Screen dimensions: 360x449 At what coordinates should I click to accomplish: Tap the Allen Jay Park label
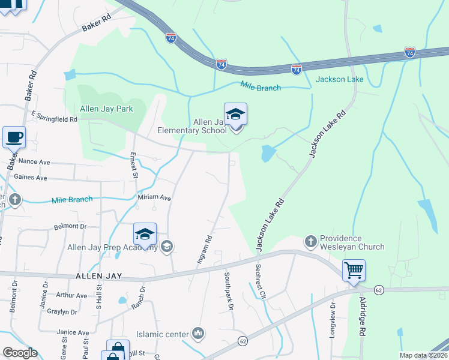click(x=106, y=109)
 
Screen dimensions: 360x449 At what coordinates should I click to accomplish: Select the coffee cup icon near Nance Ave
click(x=14, y=137)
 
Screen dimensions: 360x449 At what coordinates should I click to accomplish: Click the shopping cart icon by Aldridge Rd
click(x=354, y=270)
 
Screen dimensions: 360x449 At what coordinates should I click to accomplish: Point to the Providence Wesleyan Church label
click(x=352, y=242)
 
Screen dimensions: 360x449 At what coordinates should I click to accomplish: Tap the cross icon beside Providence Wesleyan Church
click(x=310, y=241)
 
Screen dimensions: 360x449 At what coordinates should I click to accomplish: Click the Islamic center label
click(x=163, y=334)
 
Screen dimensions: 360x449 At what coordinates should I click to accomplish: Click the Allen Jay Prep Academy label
click(x=112, y=247)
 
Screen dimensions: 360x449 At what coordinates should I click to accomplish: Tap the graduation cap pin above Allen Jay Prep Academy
click(x=145, y=235)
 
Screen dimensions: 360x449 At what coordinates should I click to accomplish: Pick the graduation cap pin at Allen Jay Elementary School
click(x=235, y=115)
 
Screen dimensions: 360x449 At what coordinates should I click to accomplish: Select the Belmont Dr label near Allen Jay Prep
click(x=70, y=226)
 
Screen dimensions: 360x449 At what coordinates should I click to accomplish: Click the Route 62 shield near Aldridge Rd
click(x=378, y=290)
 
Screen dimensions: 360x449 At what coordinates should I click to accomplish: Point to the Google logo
click(x=20, y=353)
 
